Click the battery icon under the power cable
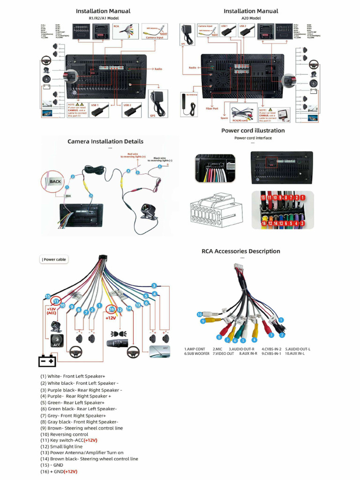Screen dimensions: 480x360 (47, 361)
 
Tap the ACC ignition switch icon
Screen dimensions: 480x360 (57, 341)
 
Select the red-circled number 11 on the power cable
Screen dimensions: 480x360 (56, 301)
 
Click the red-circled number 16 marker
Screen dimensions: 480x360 (112, 309)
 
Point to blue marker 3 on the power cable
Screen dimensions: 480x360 (154, 285)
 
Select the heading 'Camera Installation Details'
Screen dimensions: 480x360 (105, 141)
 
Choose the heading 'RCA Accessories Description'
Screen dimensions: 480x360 (240, 251)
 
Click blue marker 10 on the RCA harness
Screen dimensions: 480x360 (199, 314)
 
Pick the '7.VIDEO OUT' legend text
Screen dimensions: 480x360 (224, 353)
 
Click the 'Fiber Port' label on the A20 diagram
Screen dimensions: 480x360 (212, 108)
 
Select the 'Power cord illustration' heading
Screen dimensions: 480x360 (253, 130)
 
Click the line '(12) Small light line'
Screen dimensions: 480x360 (61, 447)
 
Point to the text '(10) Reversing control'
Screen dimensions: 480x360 (64, 435)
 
